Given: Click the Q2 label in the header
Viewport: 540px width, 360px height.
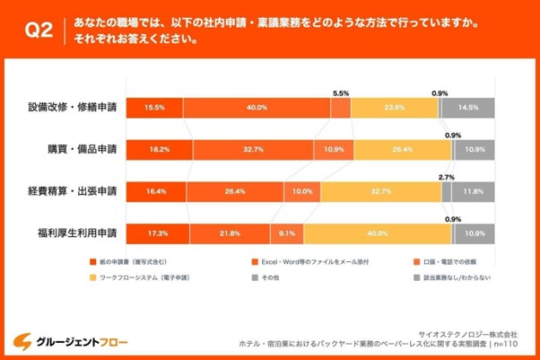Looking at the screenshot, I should [39, 31].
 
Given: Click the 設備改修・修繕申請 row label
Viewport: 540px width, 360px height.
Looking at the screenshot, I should [73, 107].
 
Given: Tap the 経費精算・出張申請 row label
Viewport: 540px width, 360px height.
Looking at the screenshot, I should [73, 191].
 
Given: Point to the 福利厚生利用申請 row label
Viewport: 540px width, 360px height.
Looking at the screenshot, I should [76, 233].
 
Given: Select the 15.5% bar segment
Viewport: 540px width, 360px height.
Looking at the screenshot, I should [152, 108].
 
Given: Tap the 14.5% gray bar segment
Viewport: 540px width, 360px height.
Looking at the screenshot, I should [466, 108].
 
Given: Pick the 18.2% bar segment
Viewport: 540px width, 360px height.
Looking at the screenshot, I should [157, 150].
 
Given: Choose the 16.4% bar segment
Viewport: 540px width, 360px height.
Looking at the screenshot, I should [154, 191].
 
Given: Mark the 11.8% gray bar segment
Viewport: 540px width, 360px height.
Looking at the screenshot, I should [471, 191].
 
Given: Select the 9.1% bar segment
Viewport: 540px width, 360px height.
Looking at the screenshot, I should [286, 233].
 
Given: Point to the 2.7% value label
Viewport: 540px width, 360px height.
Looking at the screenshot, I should [446, 178].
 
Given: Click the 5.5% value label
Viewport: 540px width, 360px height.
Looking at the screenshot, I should [341, 92].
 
